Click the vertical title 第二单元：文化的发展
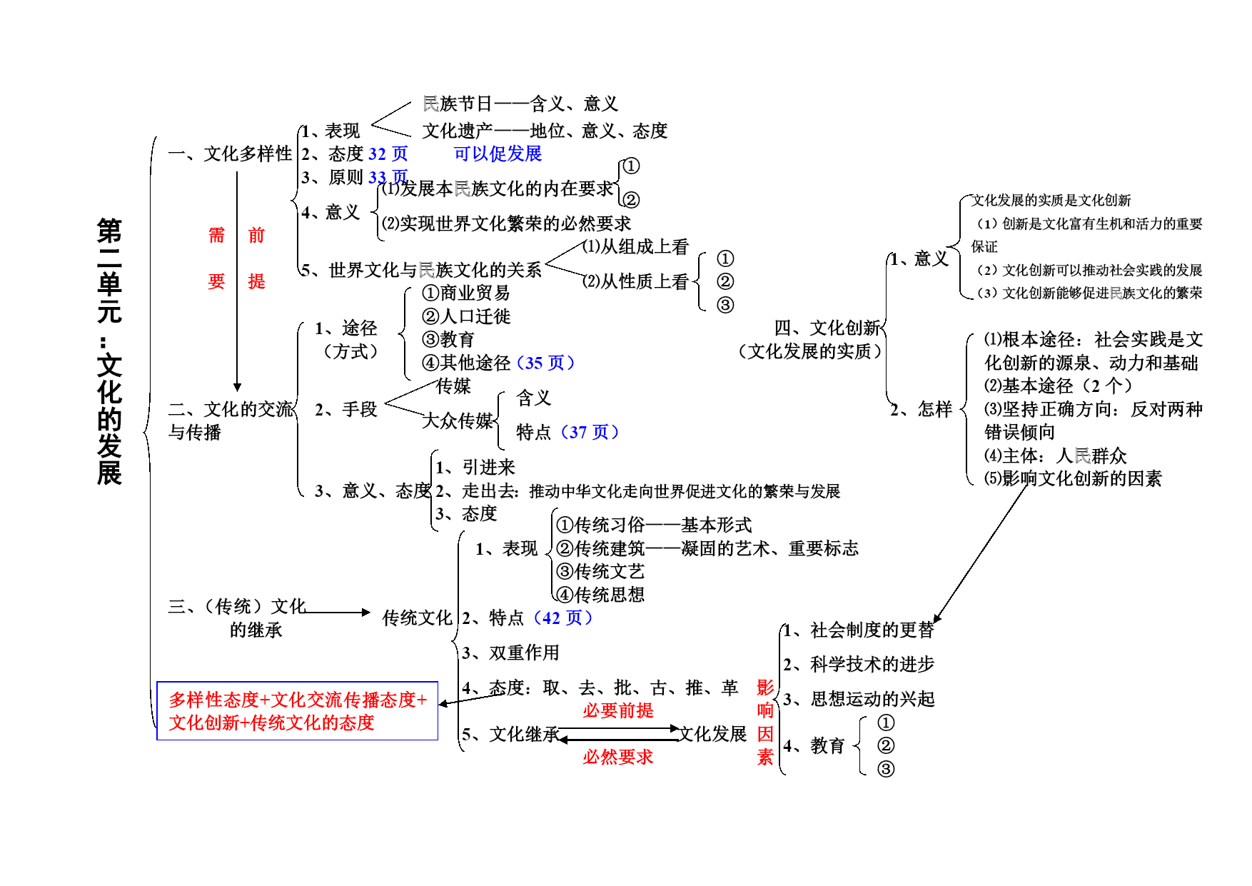coord(109,352)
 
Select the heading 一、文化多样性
coord(230,153)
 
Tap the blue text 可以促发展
coord(498,153)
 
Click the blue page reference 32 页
coord(388,153)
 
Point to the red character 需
coord(216,235)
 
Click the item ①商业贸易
coord(466,293)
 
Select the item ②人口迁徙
coord(466,316)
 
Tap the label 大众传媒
coord(458,421)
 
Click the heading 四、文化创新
coord(827,328)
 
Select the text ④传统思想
coord(600,595)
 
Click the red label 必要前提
coord(618,710)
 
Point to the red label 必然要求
coord(618,757)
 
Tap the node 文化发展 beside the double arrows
coord(712,734)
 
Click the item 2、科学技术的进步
coord(859,665)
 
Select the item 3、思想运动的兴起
coord(859,699)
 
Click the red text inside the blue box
coord(298,711)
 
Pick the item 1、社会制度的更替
coord(859,630)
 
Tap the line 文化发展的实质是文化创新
coord(1051,201)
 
